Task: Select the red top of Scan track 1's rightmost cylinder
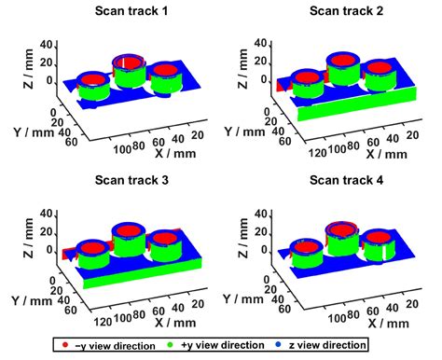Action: (x=165, y=70)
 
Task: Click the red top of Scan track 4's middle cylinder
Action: (x=340, y=228)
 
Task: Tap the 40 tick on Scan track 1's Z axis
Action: (x=51, y=42)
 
